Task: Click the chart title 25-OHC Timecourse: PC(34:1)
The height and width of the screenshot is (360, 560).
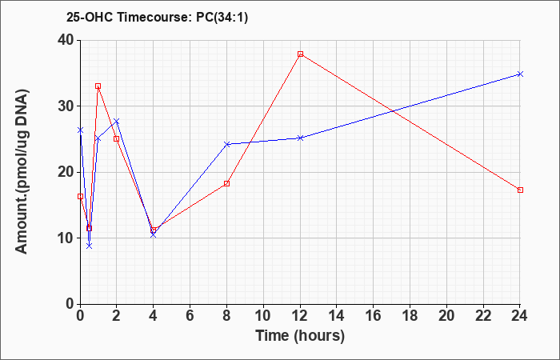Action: (x=157, y=17)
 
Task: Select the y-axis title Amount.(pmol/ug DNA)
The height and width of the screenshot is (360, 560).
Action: (x=22, y=171)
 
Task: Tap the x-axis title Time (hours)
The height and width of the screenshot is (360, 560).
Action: (x=300, y=336)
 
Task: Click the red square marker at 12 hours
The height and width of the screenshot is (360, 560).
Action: (x=300, y=54)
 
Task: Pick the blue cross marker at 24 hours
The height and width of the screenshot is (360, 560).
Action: (x=520, y=74)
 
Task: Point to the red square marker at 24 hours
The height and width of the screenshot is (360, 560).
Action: (x=520, y=190)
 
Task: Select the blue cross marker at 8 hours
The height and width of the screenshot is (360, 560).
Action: (x=227, y=144)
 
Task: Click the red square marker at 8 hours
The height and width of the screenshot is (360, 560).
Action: (x=226, y=183)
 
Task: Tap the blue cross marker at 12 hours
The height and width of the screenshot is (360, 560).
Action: (x=300, y=138)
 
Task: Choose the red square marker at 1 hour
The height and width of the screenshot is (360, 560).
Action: (x=98, y=86)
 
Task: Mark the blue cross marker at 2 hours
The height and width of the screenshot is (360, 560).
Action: (x=117, y=122)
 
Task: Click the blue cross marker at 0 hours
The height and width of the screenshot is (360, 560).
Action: (x=80, y=130)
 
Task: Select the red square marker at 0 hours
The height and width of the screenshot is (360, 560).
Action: (x=80, y=197)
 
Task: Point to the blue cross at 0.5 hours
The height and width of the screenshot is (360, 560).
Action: (x=90, y=246)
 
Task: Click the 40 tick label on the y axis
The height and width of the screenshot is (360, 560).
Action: (x=66, y=40)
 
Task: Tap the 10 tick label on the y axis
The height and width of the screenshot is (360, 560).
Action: (x=66, y=238)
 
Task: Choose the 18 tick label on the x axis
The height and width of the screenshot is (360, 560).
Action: (x=410, y=316)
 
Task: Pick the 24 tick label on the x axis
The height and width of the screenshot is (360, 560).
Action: (x=519, y=316)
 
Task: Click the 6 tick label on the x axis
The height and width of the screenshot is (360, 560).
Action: (x=190, y=316)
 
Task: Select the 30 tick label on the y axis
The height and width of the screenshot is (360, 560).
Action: (x=66, y=106)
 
